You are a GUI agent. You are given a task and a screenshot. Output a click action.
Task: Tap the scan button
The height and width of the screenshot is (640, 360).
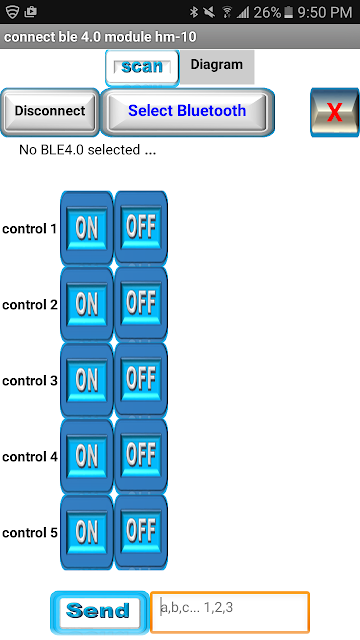[x=142, y=68]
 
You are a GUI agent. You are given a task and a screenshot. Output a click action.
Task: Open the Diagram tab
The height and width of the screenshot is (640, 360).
[x=217, y=67]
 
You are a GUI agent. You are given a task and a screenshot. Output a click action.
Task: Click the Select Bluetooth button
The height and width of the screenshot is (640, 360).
[x=187, y=111]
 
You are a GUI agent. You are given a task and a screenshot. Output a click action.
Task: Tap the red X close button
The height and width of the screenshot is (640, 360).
[x=335, y=112]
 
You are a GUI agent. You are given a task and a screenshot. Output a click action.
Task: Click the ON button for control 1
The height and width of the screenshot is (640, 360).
[x=87, y=228]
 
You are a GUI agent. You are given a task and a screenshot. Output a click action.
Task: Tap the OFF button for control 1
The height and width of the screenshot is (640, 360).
[x=141, y=228]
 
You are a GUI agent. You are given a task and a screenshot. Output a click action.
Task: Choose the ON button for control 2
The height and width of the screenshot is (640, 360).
[x=87, y=304]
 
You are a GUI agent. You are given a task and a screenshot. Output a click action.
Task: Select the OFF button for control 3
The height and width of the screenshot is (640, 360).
[x=141, y=380]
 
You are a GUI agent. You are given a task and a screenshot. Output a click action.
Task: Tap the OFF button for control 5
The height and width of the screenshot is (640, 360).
[x=141, y=532]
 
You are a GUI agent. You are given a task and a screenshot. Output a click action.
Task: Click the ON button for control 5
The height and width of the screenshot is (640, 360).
[x=87, y=532]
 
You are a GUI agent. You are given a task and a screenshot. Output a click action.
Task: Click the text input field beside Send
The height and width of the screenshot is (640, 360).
[x=230, y=612]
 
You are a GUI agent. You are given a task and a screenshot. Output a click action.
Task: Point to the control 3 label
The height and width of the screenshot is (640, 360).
[x=30, y=381]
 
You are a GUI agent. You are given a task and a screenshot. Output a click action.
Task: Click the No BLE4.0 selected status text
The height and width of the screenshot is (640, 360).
[x=87, y=150]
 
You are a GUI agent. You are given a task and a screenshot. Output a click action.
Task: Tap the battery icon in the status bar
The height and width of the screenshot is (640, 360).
[x=289, y=13]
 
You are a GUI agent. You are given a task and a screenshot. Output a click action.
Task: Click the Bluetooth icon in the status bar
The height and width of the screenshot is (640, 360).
[x=193, y=12]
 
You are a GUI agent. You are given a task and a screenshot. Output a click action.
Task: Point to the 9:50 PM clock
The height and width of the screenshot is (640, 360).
[x=324, y=13]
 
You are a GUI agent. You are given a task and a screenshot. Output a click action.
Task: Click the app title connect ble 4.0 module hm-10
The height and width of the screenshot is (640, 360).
[x=100, y=37]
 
